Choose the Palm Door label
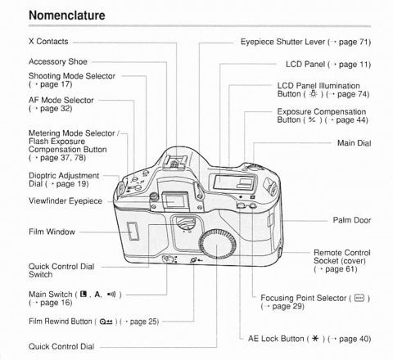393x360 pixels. coord(353,220)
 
